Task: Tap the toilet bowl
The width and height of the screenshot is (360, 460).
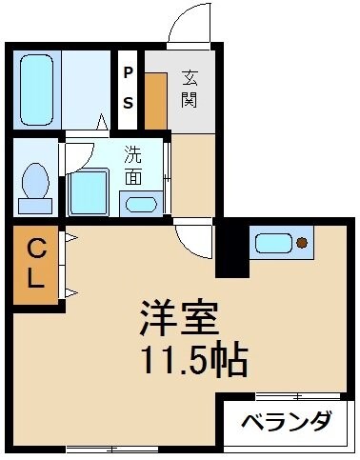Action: [37, 184]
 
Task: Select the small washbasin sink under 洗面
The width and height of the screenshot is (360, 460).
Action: [142, 202]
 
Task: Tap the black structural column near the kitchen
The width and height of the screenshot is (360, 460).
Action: [230, 249]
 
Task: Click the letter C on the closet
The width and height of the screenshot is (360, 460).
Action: [34, 250]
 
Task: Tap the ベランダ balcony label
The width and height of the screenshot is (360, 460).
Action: [285, 422]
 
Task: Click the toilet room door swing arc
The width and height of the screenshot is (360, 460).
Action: [79, 155]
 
